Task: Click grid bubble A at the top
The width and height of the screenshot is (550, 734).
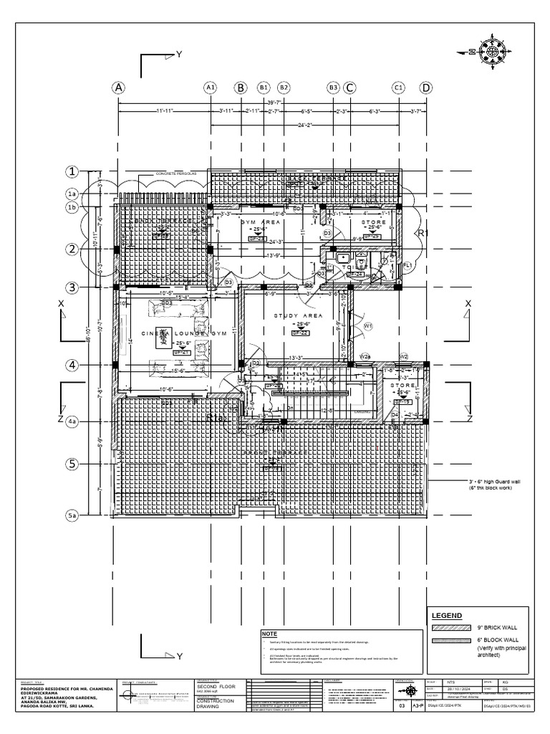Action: [118, 87]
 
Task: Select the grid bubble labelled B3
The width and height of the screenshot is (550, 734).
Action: [333, 87]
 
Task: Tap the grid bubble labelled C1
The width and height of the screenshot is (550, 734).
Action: [399, 87]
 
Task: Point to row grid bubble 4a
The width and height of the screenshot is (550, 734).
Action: [72, 422]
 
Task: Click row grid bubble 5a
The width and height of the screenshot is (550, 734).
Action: [72, 515]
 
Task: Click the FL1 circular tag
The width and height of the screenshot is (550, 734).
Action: [407, 265]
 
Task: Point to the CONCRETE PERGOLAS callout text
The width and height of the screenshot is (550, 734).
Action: [171, 174]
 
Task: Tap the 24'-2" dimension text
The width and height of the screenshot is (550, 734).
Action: [305, 125]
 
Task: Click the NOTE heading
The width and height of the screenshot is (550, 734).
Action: [269, 634]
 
